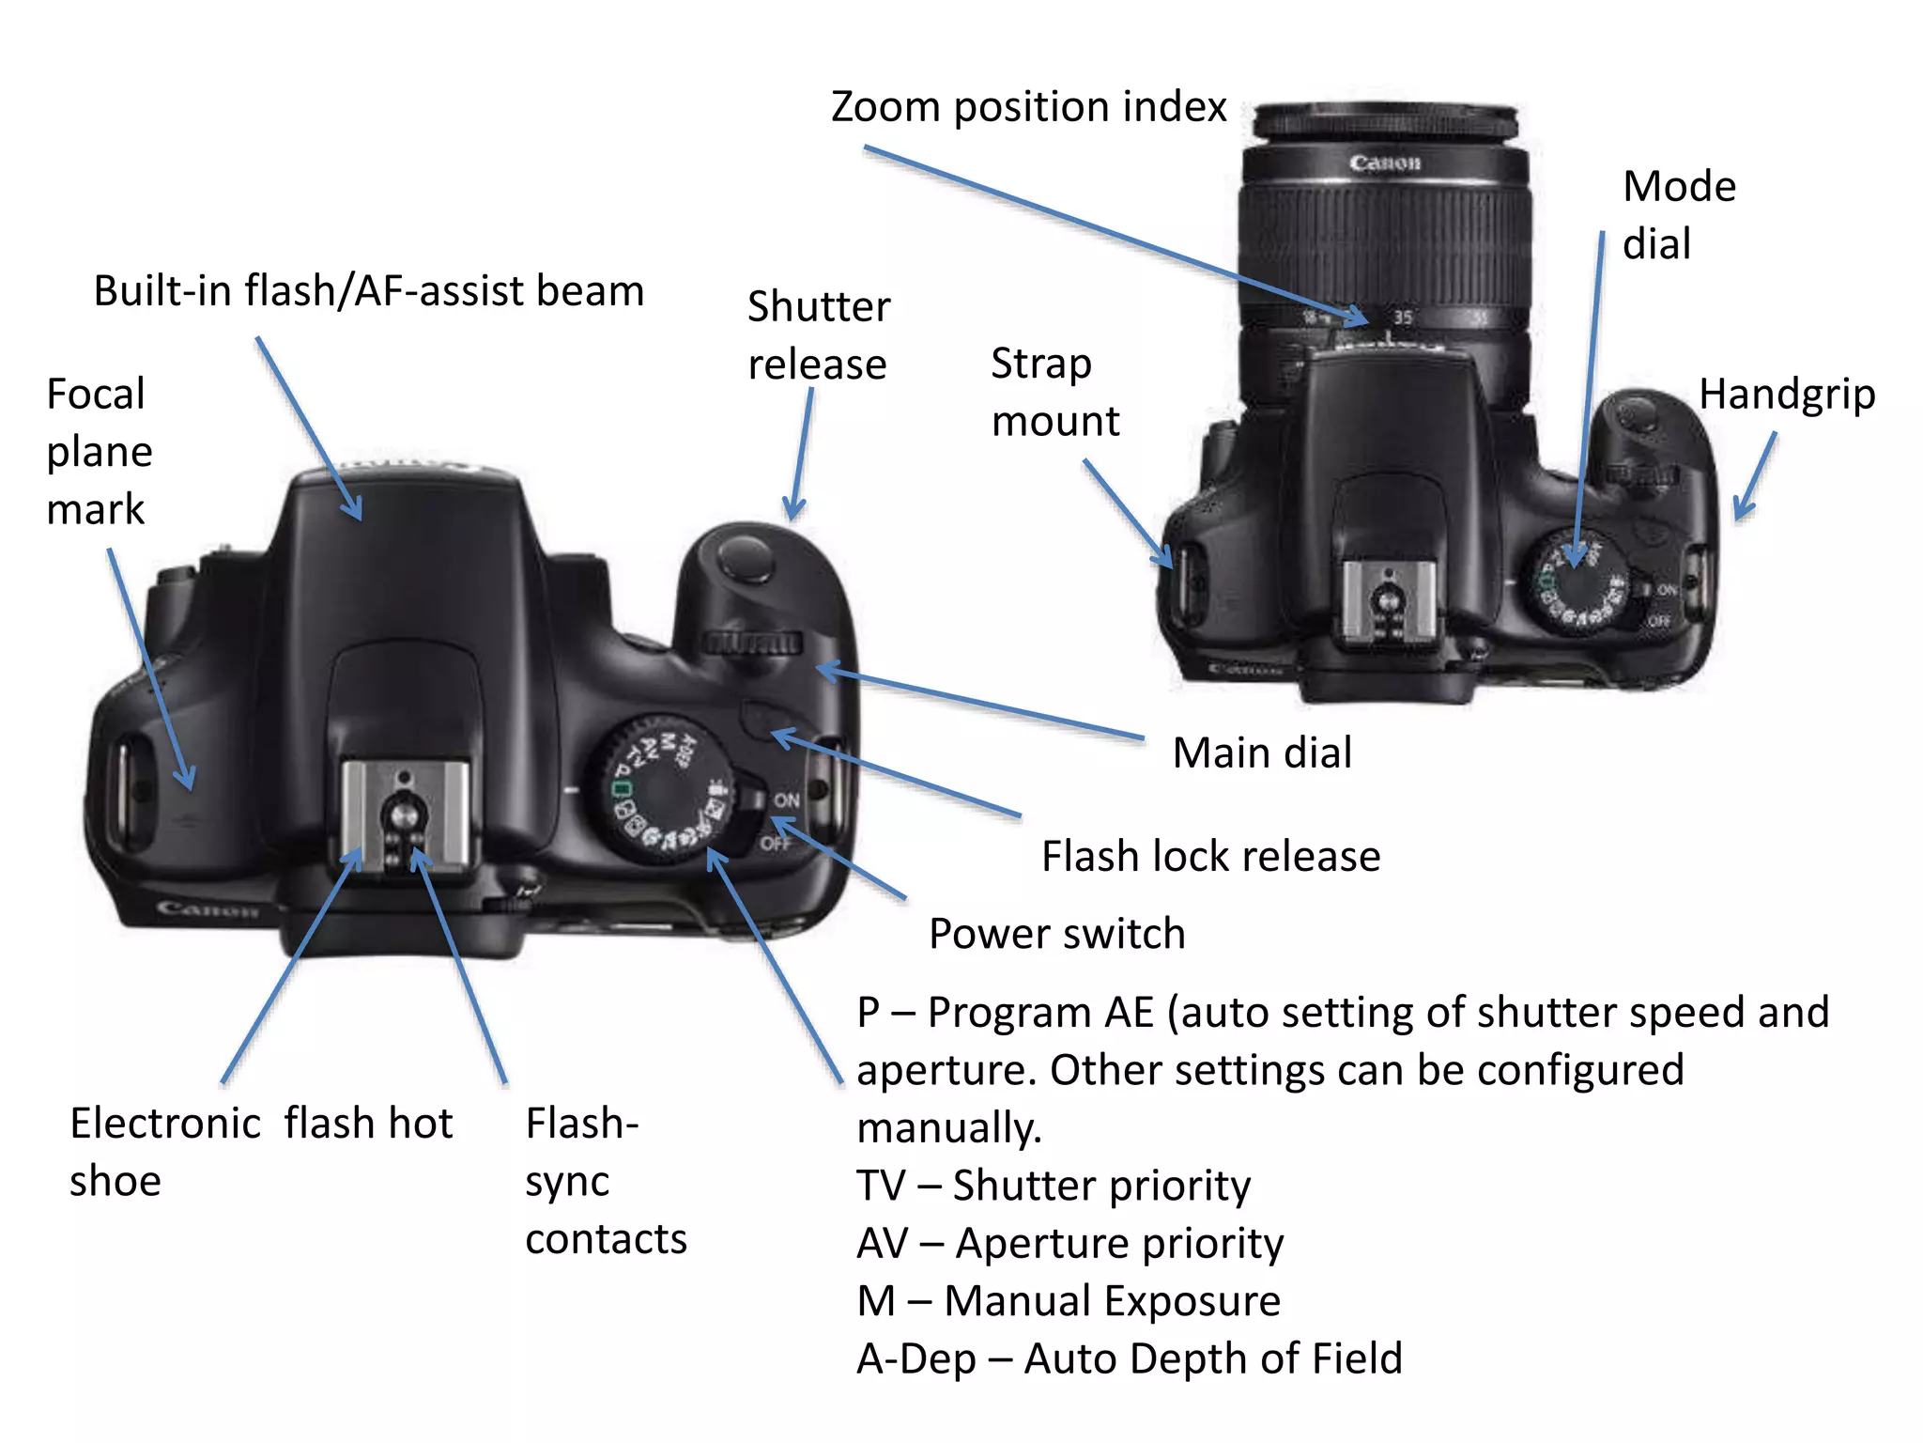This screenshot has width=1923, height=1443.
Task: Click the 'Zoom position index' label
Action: coord(1028,107)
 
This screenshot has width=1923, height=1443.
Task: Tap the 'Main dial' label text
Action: coord(1262,753)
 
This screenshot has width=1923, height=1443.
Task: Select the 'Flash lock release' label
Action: coord(1210,856)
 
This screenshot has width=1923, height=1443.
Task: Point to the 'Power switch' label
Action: coord(1056,934)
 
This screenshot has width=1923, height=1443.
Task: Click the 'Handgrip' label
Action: coord(1786,394)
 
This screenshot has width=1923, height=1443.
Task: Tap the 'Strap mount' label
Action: coord(1054,392)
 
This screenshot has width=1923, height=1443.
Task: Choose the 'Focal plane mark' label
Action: coord(99,451)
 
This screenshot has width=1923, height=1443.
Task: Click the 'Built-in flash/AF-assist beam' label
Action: coord(368,290)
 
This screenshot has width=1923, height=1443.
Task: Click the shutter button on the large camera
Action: coord(745,556)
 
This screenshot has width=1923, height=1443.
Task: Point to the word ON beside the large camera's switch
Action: coord(786,800)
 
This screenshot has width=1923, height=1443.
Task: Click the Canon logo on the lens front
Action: coord(1384,163)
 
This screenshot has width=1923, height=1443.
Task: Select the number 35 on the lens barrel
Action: coord(1403,317)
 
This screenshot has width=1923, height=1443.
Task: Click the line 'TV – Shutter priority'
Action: coord(1053,1186)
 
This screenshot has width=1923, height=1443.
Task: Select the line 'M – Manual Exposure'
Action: coord(1068,1301)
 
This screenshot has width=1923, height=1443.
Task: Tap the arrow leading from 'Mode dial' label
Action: coord(1589,395)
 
